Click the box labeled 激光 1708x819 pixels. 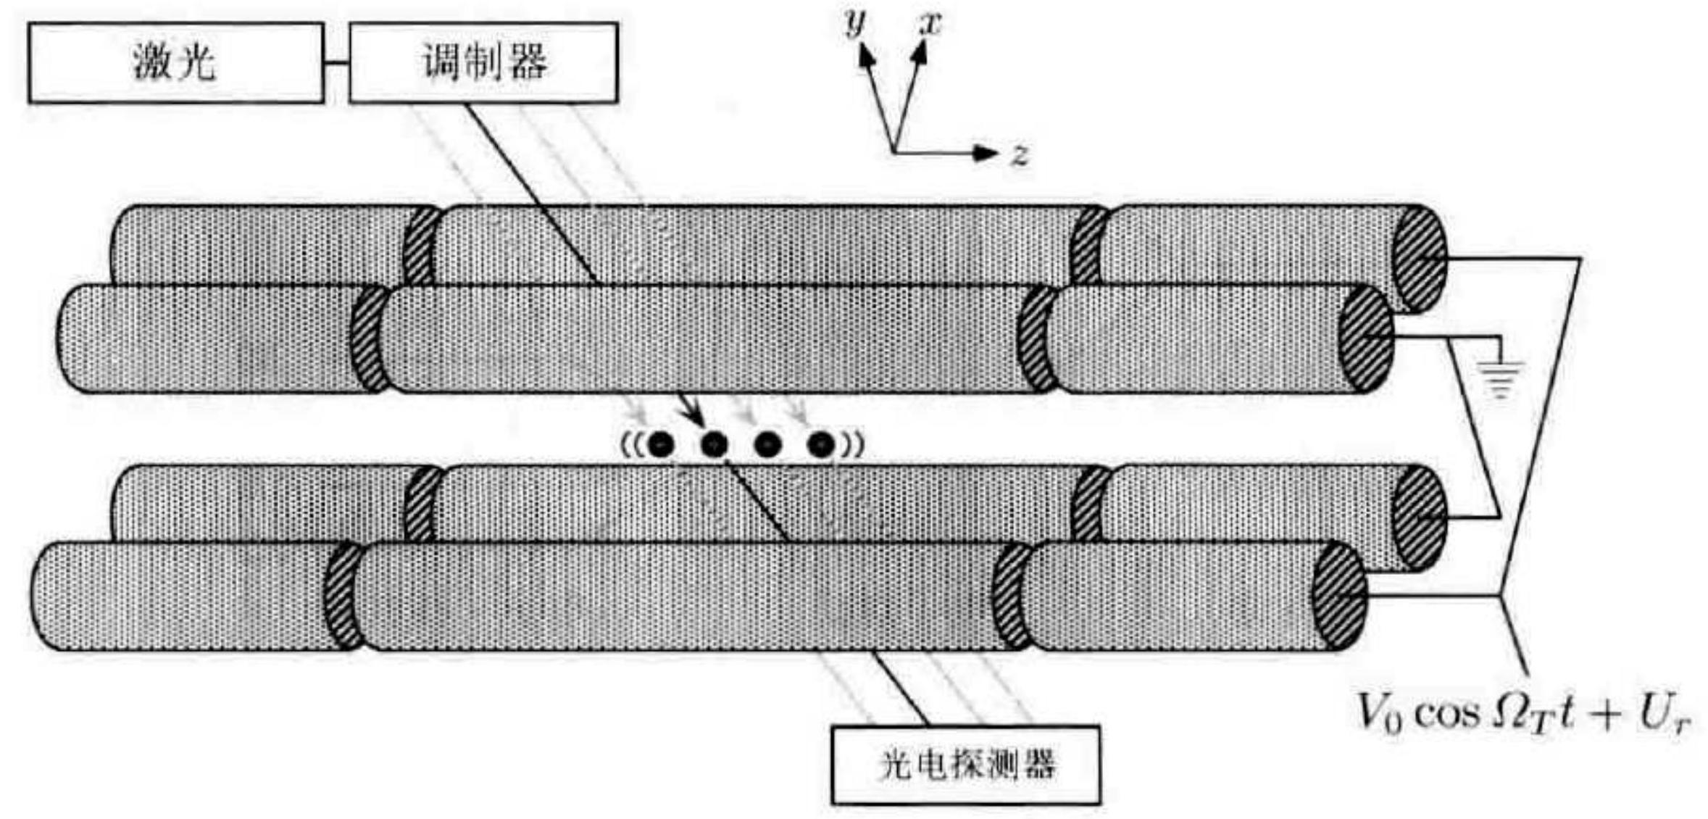176,62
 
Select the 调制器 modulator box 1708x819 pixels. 483,62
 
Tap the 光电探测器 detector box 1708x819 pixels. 966,765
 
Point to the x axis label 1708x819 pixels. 930,23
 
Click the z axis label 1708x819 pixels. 1020,154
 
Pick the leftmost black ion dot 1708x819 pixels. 661,444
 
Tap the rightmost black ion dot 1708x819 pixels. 821,444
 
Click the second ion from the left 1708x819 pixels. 715,444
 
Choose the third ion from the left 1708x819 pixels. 767,444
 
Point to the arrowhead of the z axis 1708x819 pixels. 986,153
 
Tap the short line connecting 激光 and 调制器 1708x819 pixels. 336,63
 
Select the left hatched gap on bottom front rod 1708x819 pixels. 343,596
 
